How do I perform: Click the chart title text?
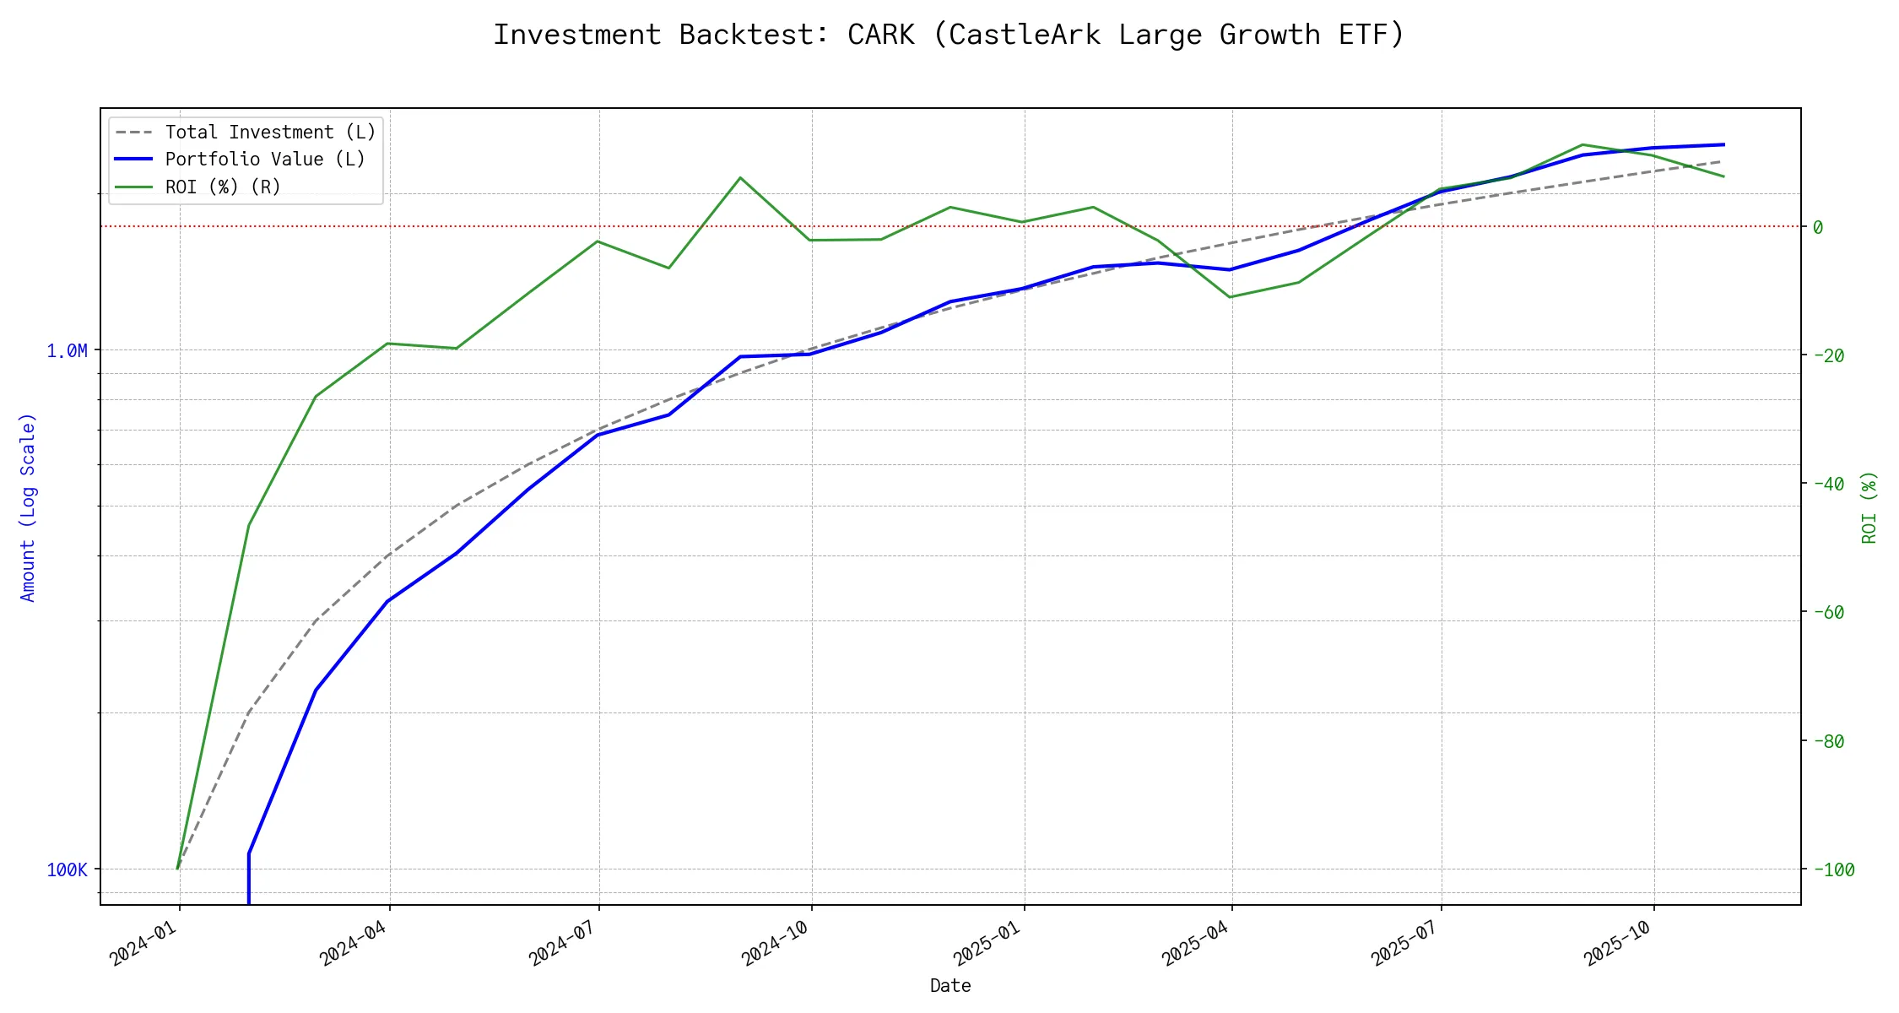click(x=949, y=35)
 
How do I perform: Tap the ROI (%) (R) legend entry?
click(x=223, y=187)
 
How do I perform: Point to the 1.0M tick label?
click(x=67, y=350)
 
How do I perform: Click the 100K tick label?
click(x=67, y=869)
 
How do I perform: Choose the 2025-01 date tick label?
click(x=988, y=942)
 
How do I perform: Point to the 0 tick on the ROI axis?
click(x=1818, y=227)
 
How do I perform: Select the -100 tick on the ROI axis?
click(x=1832, y=869)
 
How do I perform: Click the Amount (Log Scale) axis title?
click(x=29, y=506)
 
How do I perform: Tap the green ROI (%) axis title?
click(x=1869, y=506)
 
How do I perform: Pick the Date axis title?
click(x=950, y=986)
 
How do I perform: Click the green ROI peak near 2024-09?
click(x=740, y=178)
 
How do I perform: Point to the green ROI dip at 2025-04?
click(x=1231, y=297)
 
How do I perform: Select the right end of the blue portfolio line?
click(x=1723, y=144)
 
